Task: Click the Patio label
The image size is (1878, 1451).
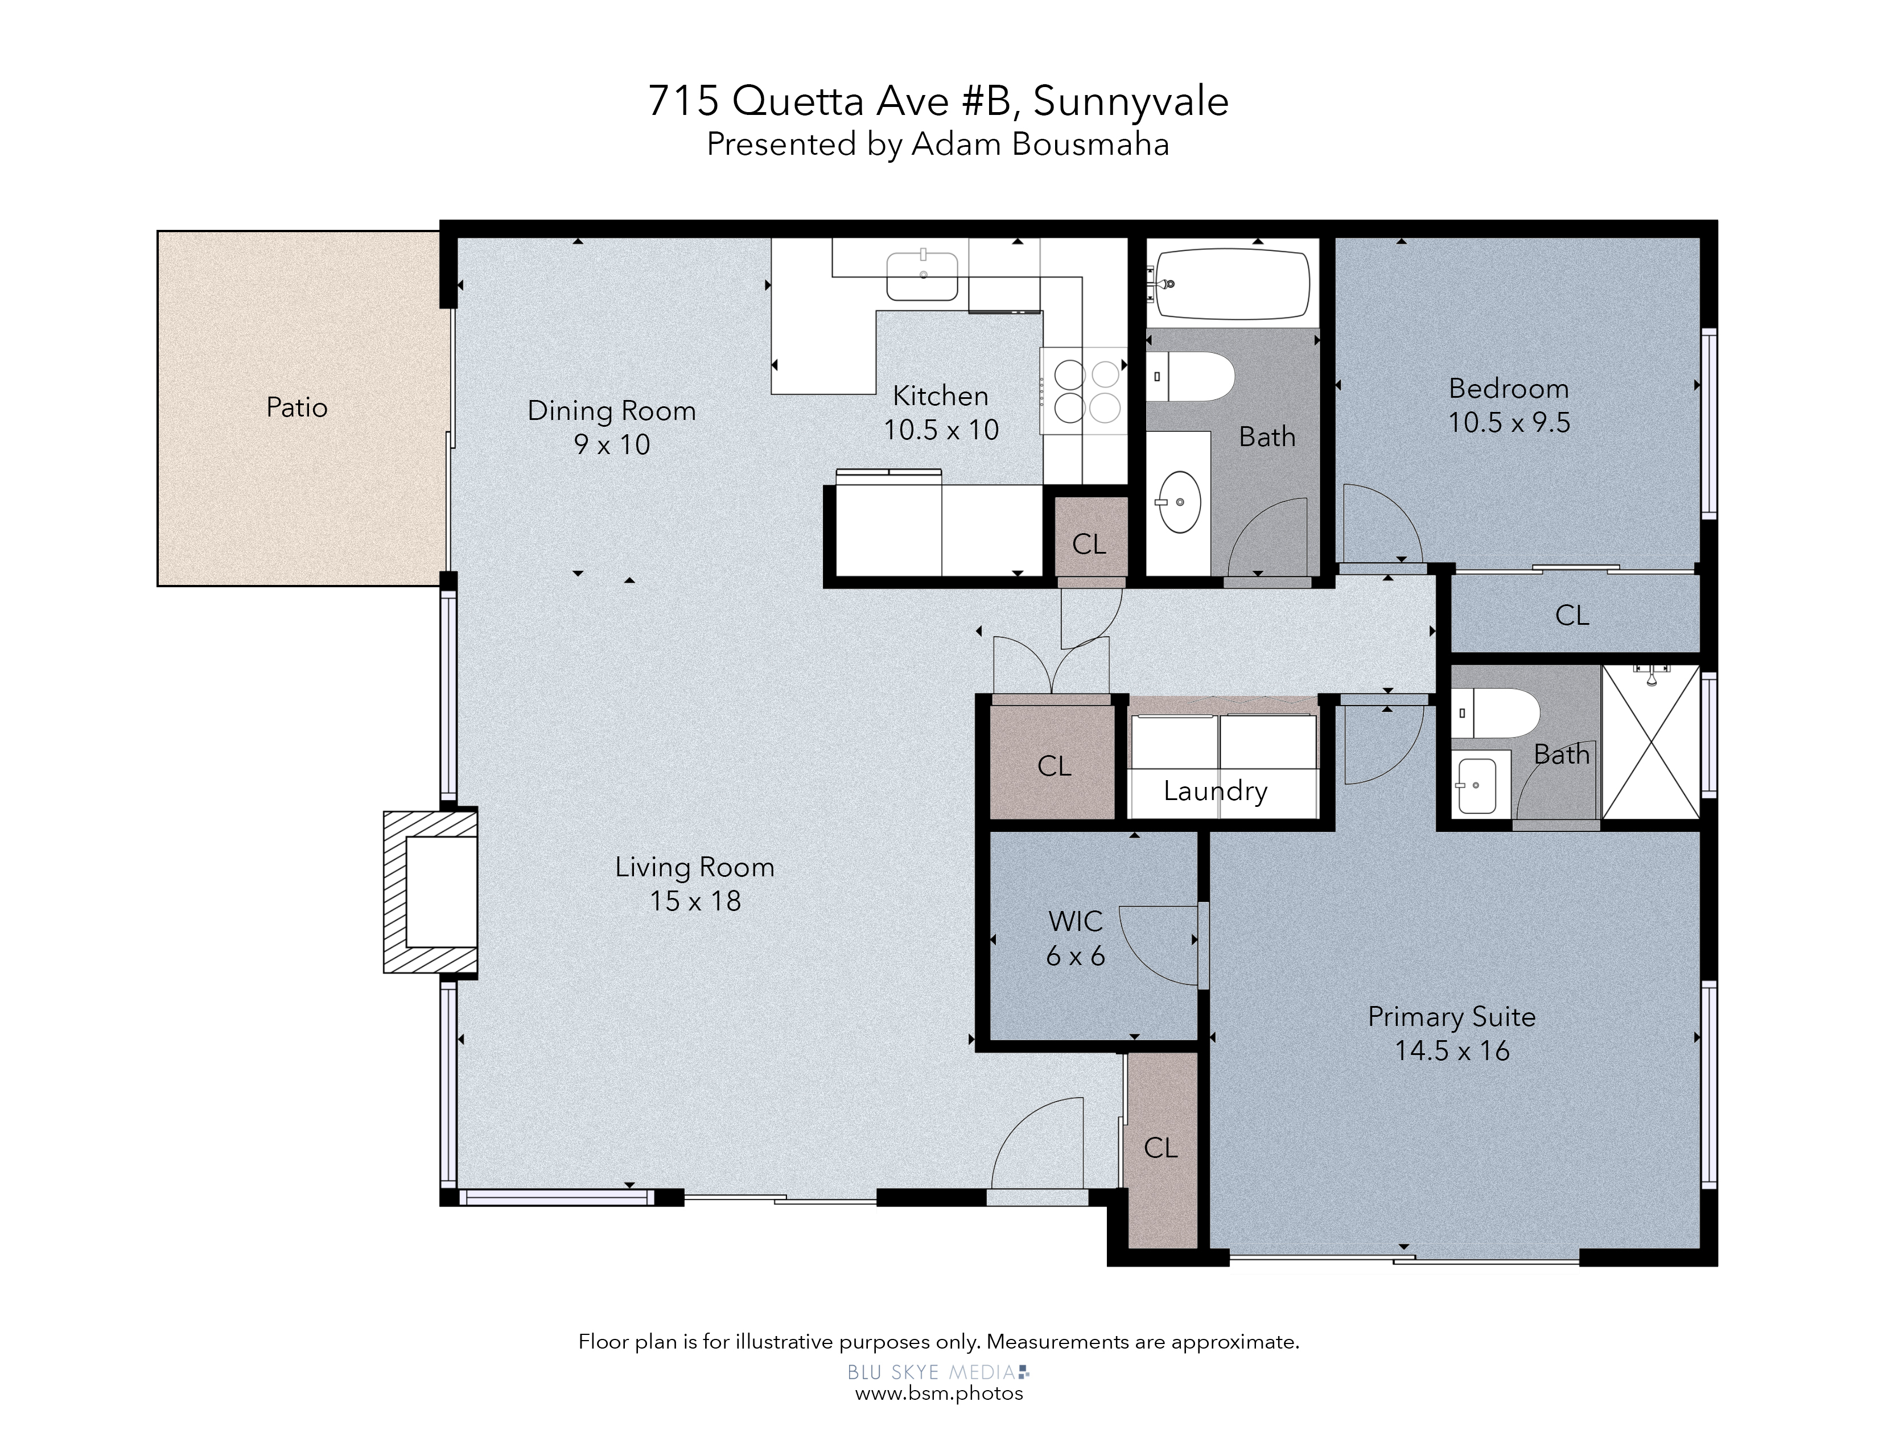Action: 296,407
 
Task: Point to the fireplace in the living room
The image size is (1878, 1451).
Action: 430,892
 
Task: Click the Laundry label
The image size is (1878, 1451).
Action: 1215,791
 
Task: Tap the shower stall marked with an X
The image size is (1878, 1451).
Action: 1651,741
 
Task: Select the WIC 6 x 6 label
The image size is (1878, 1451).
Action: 1075,938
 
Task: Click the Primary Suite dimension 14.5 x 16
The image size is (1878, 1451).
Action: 1452,1050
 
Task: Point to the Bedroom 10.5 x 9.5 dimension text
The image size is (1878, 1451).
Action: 1509,422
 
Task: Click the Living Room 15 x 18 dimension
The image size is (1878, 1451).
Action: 695,901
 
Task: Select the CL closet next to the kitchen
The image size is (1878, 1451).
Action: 1089,543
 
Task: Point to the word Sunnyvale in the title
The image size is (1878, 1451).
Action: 1131,101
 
